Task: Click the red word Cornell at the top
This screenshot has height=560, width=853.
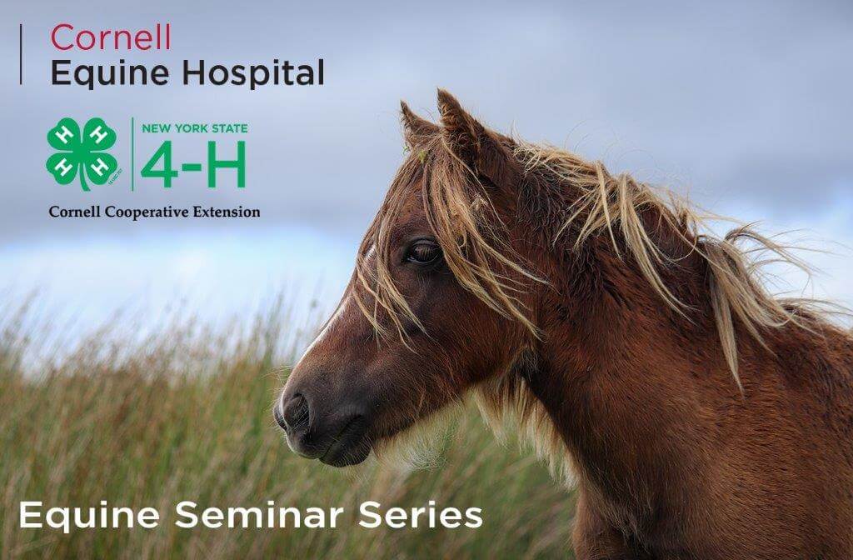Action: coord(111,37)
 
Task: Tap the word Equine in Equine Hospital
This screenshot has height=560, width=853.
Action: coord(110,73)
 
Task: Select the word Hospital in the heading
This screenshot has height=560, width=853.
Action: coord(253,73)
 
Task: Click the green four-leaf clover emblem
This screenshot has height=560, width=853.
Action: coord(82,154)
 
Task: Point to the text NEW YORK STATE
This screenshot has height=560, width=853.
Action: coord(195,128)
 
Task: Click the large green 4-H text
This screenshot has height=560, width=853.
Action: coord(193,164)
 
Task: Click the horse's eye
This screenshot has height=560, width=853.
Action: coord(424,252)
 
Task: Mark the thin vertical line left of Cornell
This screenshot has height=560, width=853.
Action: coord(21,54)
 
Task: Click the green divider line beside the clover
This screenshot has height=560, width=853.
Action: coord(132,154)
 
